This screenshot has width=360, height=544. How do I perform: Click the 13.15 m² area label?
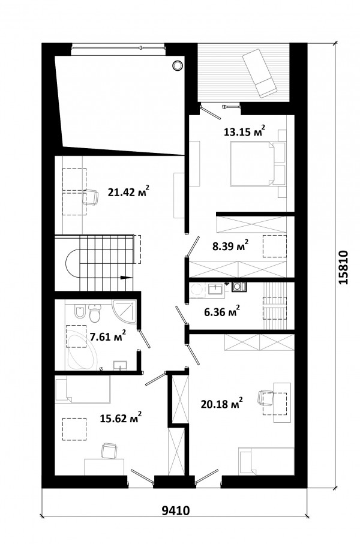pos(245,131)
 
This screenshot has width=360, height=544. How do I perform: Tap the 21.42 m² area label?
pos(128,191)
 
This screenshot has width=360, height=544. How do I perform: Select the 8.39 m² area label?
pos(230,246)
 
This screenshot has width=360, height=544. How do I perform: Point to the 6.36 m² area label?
pos(222,311)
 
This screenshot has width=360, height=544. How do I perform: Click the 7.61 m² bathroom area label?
pos(107,336)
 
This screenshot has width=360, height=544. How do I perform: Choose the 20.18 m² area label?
pos(221,404)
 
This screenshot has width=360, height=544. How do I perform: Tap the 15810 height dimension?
pos(343,268)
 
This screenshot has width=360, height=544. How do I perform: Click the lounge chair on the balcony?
pos(260,73)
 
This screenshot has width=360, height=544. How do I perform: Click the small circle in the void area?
pos(177,65)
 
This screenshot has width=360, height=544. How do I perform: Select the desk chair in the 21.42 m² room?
pos(90,197)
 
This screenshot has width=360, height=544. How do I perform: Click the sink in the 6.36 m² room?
pos(217,289)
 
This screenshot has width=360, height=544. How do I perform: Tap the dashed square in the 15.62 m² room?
pos(74,429)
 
